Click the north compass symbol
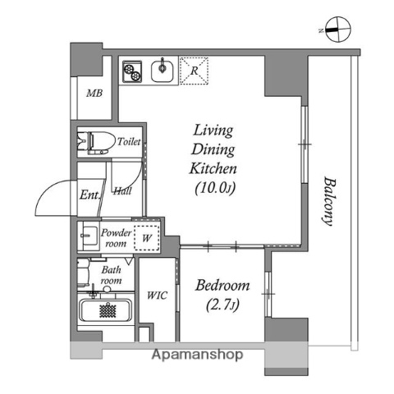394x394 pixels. pos(337,29)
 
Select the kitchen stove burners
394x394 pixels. pos(131,73)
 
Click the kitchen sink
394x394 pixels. pos(163,71)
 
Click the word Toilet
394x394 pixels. pos(129,142)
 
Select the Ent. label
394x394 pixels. pos(89,195)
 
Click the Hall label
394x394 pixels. pos(123,191)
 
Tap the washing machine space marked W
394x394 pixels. pos(147,238)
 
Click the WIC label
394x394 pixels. pos(157,295)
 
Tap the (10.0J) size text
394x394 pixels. pos(214,189)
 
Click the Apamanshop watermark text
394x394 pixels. pos(196,355)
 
